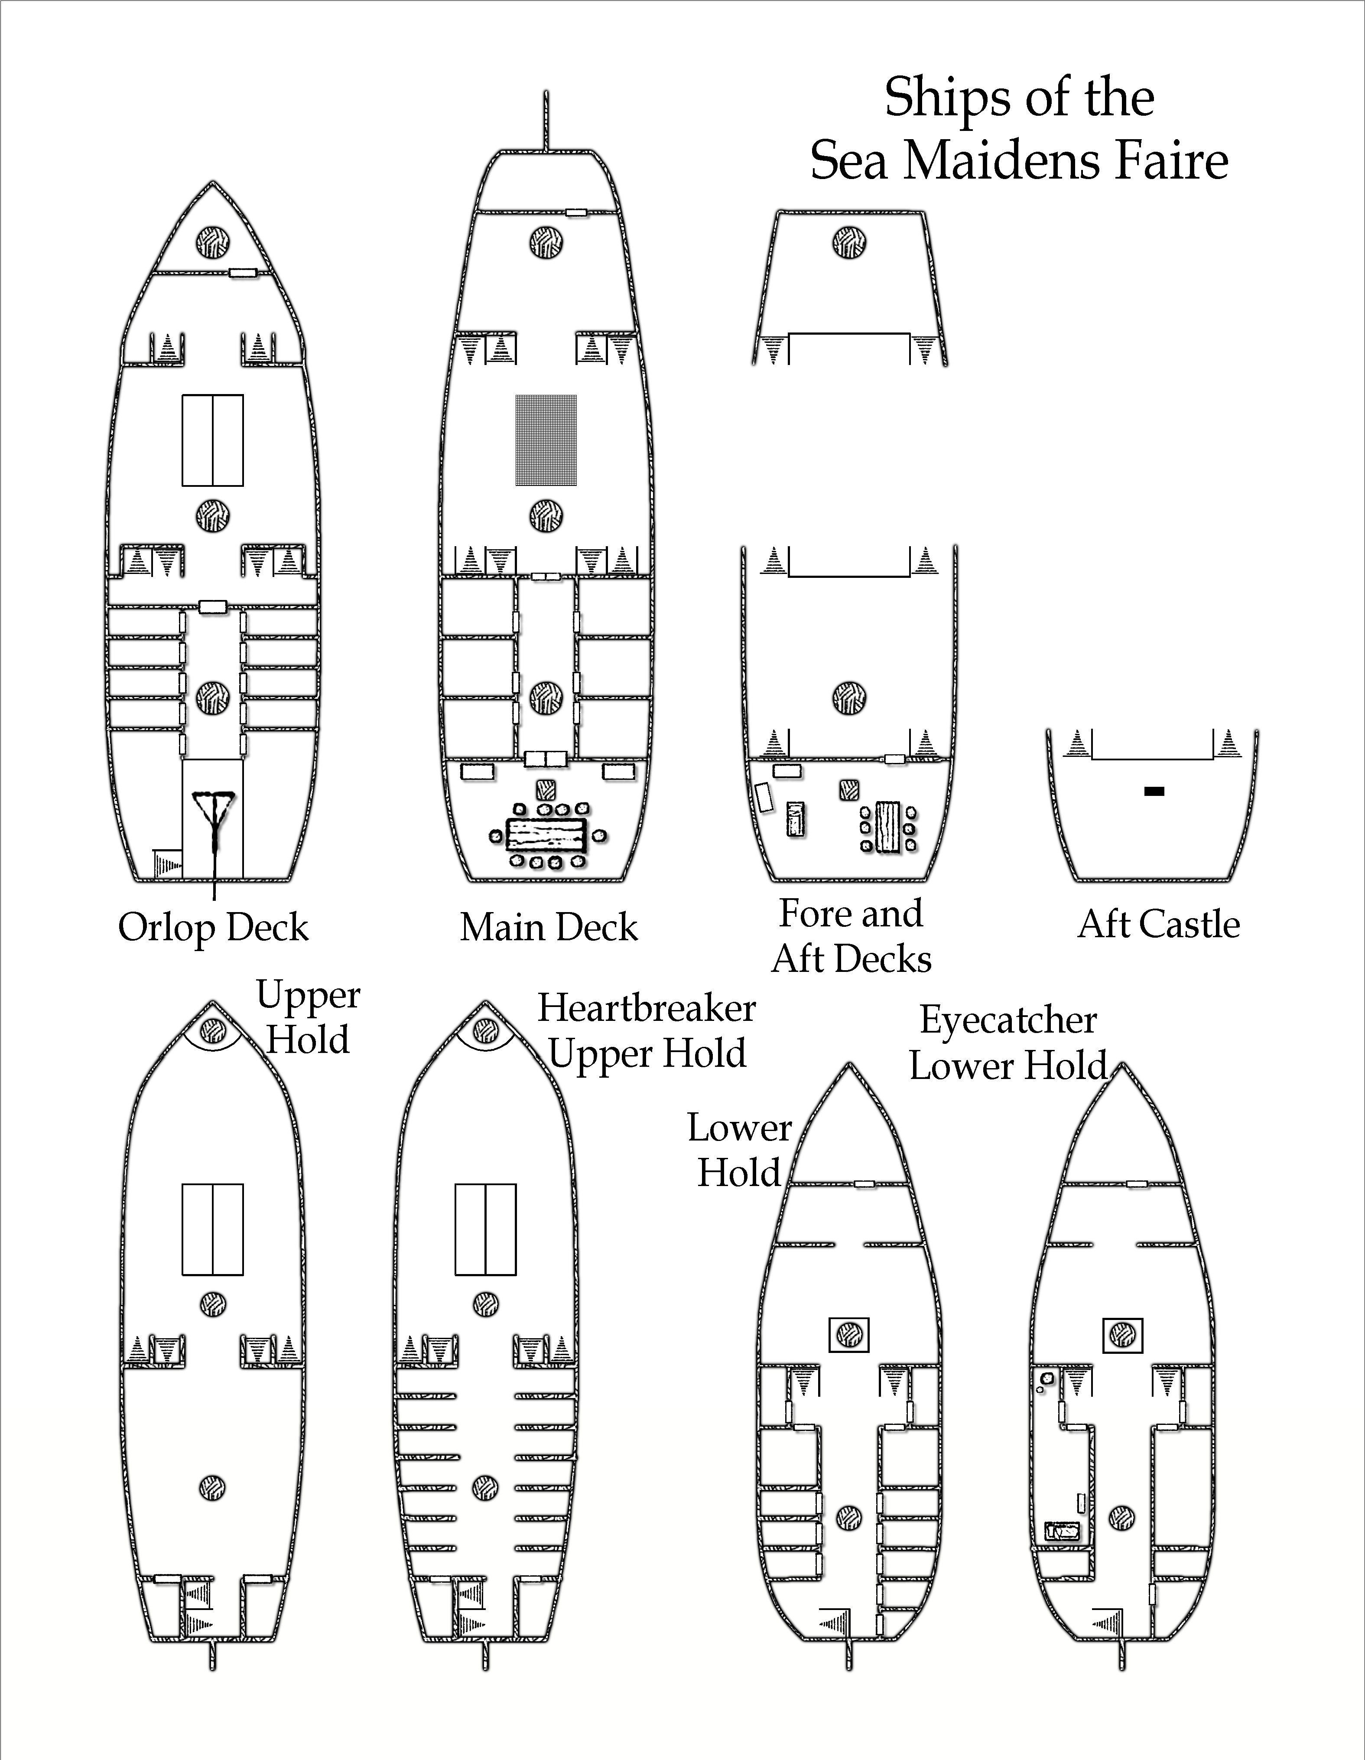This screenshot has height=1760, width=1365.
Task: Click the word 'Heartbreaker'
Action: click(647, 1008)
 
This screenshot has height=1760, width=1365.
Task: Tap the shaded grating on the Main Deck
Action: click(546, 440)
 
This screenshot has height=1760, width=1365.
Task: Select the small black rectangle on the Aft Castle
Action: click(1154, 792)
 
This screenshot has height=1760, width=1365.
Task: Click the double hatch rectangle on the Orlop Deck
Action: click(213, 440)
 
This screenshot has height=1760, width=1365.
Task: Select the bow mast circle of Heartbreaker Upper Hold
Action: click(484, 1030)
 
